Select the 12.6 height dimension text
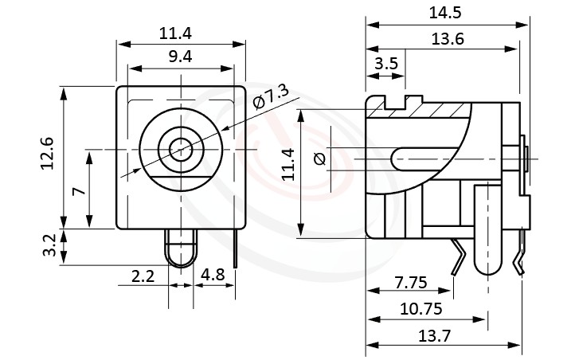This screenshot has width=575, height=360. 48,153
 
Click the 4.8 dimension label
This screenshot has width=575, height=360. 213,276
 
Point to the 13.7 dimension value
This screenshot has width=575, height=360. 435,335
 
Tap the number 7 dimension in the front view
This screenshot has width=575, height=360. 77,191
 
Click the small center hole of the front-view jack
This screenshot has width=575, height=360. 180,149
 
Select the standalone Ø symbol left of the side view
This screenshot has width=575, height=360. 320,159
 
